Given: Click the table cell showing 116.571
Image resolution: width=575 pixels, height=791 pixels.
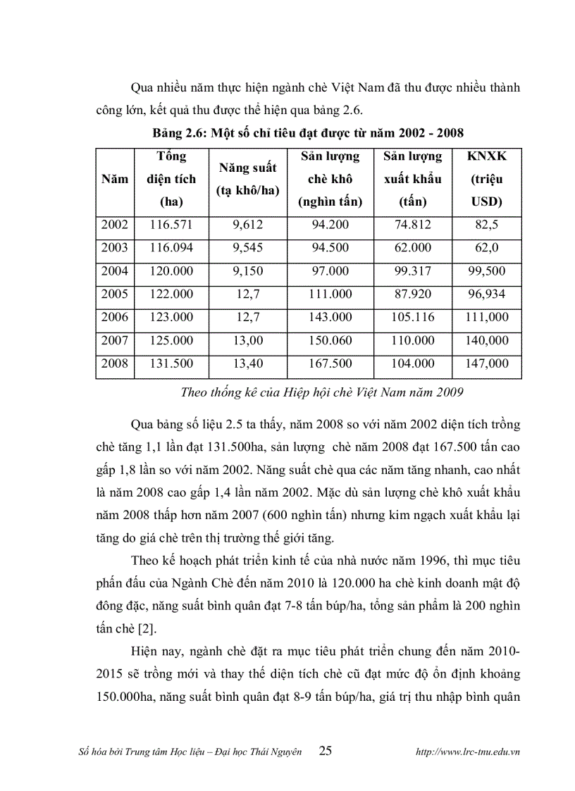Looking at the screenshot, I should point(171,225).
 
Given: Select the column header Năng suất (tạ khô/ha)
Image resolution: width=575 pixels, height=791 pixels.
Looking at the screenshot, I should point(247,179).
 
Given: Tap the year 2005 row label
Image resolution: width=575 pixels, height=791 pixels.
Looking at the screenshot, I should point(115,294).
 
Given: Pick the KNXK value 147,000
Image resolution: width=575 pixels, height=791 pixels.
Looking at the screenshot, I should point(486,363).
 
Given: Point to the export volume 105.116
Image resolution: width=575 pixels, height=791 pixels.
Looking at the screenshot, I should point(413,318).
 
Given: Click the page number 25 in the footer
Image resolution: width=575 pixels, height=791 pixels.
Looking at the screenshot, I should point(326,751).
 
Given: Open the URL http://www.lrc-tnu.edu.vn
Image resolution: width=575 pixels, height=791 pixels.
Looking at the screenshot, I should point(469,752).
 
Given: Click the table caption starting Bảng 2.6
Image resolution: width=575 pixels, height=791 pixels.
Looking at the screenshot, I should point(308,132).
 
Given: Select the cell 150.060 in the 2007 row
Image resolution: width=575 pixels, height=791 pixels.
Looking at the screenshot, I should point(328,340).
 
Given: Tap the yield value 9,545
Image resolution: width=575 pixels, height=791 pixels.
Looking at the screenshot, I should point(247,248).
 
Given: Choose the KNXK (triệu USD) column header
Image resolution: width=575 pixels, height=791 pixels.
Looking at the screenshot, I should point(486,179).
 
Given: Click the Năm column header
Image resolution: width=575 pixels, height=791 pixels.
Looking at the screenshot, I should point(115,179).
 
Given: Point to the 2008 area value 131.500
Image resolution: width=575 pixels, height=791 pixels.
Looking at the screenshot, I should point(171,363).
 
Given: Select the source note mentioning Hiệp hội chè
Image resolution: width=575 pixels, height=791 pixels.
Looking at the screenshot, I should point(321,392).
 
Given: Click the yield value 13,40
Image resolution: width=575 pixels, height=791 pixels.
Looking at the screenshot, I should point(247,363).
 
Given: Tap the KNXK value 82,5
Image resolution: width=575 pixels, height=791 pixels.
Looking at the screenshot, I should point(486,225).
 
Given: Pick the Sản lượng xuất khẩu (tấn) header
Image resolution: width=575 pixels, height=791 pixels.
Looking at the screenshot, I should point(413,179).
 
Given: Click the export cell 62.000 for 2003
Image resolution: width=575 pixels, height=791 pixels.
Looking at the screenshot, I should point(413,248).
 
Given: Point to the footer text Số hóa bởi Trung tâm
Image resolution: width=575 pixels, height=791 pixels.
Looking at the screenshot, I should point(190,752).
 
